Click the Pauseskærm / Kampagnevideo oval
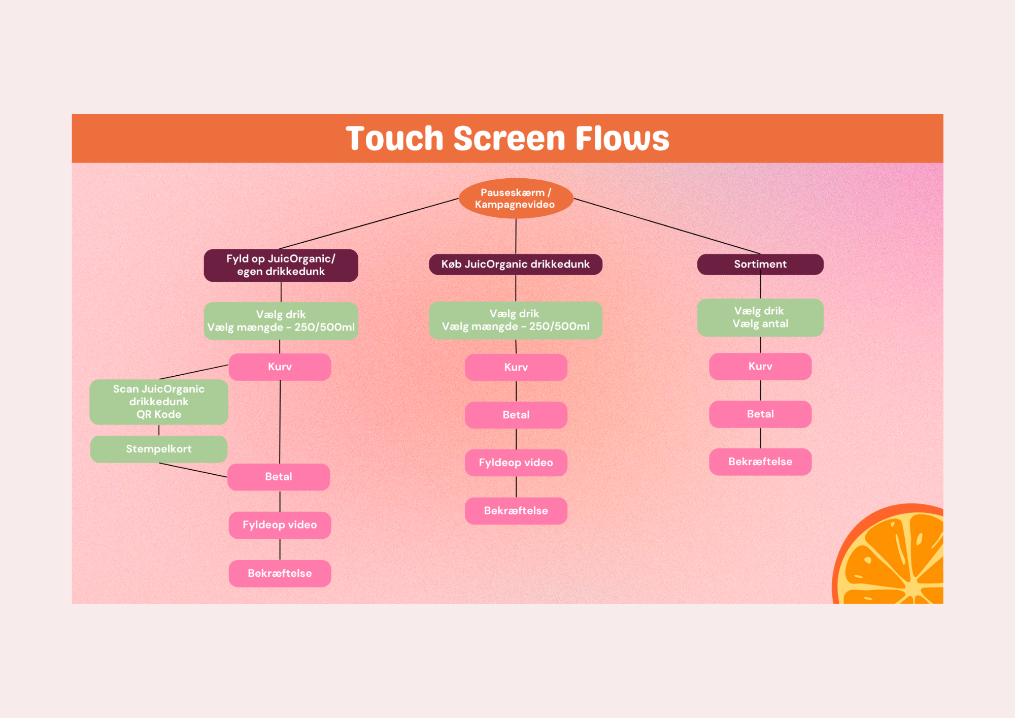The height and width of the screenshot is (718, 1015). pos(516,199)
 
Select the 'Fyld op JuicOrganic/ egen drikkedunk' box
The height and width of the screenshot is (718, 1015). pos(281,265)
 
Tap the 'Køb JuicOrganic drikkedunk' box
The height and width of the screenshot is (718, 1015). pos(516,264)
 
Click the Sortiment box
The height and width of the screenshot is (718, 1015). pos(760,264)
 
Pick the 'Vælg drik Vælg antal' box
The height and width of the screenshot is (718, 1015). pos(760,317)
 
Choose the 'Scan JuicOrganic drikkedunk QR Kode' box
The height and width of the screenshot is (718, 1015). pos(158,402)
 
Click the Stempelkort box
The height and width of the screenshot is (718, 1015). pos(158,449)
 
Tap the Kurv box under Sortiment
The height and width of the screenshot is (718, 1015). pos(760,366)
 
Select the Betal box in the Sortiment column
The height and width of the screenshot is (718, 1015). pos(760,414)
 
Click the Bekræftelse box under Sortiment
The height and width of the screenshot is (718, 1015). pos(760,462)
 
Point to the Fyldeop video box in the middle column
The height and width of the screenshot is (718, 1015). pos(516,463)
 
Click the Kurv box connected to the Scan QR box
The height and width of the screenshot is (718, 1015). pos(280,367)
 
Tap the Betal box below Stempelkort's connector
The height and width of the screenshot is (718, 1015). pos(279,476)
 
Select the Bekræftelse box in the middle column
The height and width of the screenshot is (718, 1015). pos(516,510)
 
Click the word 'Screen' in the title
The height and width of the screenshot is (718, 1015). pos(509,138)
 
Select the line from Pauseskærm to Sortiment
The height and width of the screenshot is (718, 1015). pos(667,226)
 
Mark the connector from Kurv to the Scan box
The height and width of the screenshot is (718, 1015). pos(194,372)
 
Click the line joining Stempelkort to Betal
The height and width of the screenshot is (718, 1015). pos(193,470)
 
